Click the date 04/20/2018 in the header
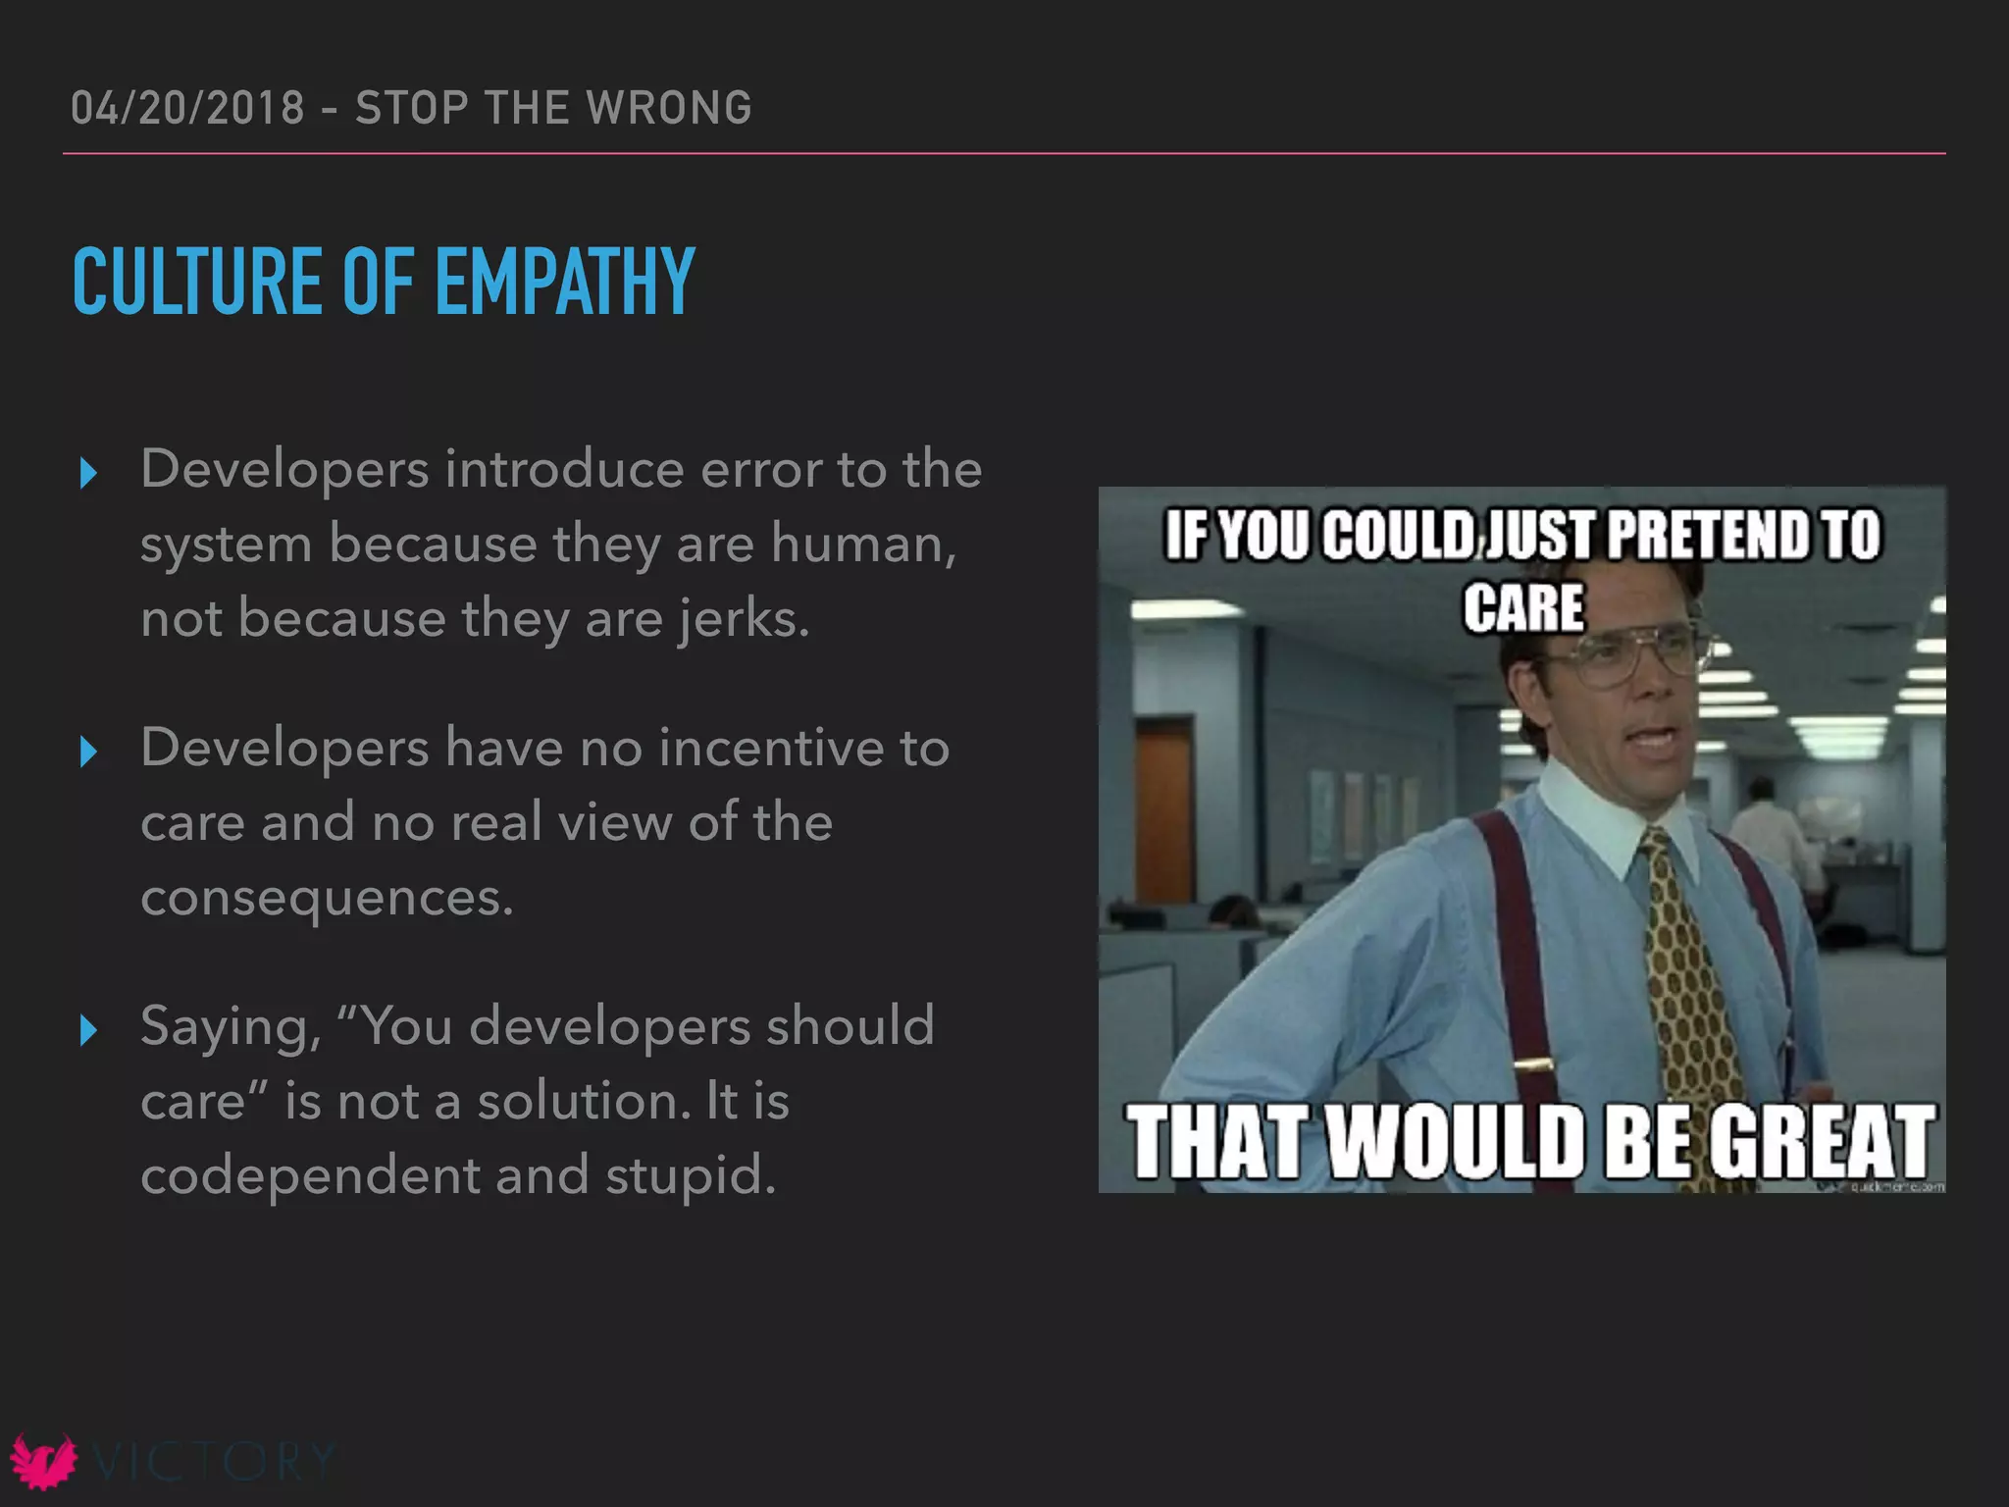pyautogui.click(x=187, y=108)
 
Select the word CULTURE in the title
pyautogui.click(x=196, y=282)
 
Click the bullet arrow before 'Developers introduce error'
pyautogui.click(x=88, y=474)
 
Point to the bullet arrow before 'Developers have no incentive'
pyautogui.click(x=88, y=753)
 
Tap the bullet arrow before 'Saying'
pyautogui.click(x=88, y=1030)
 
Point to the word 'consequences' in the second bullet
pyautogui.click(x=326, y=898)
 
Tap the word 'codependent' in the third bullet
pyautogui.click(x=309, y=1175)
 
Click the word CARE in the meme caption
pyautogui.click(x=1523, y=607)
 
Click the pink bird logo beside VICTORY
pyautogui.click(x=43, y=1461)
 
